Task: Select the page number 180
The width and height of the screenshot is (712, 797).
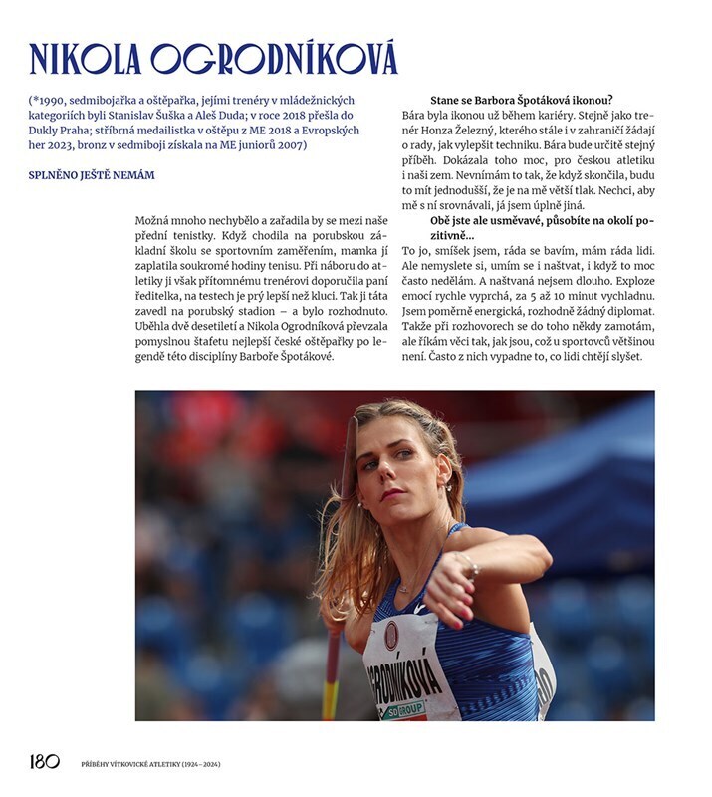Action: [x=45, y=763]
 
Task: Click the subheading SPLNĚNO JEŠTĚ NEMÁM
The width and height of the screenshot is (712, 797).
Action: [x=92, y=176]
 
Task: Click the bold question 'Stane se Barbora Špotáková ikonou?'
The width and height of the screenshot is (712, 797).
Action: [x=521, y=101]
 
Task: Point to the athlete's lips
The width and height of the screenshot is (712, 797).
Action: [x=391, y=493]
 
